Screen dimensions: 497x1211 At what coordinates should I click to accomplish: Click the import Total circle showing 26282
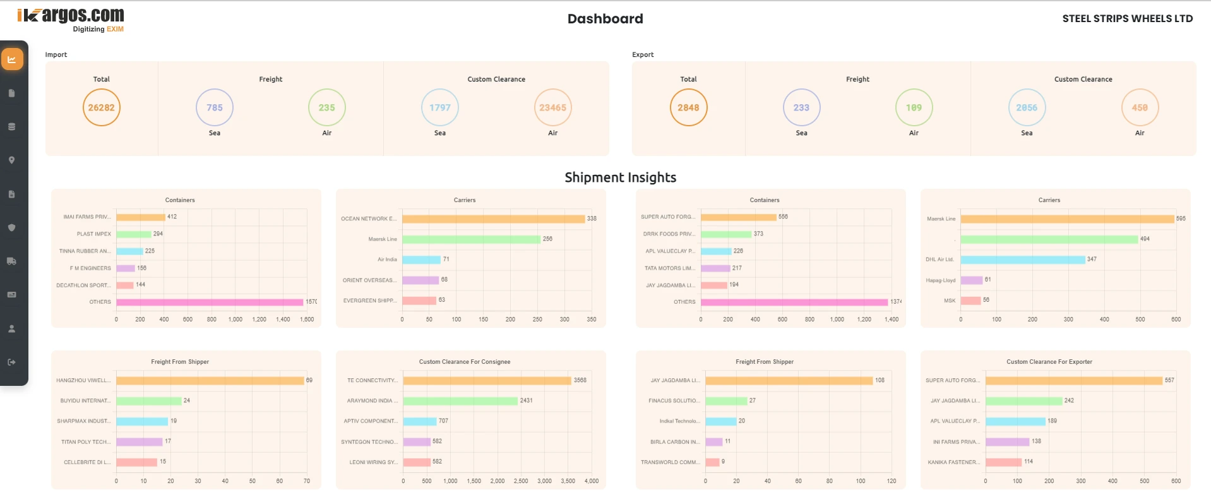click(x=101, y=107)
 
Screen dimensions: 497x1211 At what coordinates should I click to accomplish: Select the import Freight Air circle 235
click(x=326, y=107)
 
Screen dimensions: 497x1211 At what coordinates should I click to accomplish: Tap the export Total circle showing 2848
click(x=688, y=107)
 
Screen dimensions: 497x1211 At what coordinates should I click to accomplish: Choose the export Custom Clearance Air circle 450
click(x=1139, y=107)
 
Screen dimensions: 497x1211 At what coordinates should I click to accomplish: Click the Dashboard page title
click(x=605, y=19)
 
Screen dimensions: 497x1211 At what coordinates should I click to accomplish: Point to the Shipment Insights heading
click(x=620, y=177)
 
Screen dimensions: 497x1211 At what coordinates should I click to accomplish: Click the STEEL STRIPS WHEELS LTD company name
click(x=1127, y=19)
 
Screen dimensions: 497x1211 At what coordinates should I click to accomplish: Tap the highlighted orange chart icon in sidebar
click(x=12, y=59)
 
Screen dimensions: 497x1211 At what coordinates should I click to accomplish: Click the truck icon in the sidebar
click(x=11, y=261)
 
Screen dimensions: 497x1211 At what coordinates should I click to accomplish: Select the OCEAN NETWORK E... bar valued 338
click(x=493, y=219)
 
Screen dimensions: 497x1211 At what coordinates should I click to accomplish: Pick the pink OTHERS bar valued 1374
click(x=794, y=302)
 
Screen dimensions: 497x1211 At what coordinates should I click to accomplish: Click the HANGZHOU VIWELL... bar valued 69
click(x=210, y=381)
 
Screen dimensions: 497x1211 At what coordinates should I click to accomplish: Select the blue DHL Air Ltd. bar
click(x=1022, y=260)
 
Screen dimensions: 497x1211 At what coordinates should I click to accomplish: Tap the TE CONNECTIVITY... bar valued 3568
click(x=487, y=381)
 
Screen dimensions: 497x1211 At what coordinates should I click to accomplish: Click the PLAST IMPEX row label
click(x=94, y=234)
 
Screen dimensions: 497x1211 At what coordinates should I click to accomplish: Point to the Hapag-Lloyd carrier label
click(x=940, y=280)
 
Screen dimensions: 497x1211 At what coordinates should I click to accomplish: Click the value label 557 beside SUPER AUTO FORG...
click(x=1169, y=380)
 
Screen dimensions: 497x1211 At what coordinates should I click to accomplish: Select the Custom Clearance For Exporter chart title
click(x=1049, y=362)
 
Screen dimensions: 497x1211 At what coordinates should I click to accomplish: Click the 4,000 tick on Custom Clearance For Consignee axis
click(x=592, y=481)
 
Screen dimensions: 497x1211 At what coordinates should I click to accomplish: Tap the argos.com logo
click(x=71, y=16)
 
